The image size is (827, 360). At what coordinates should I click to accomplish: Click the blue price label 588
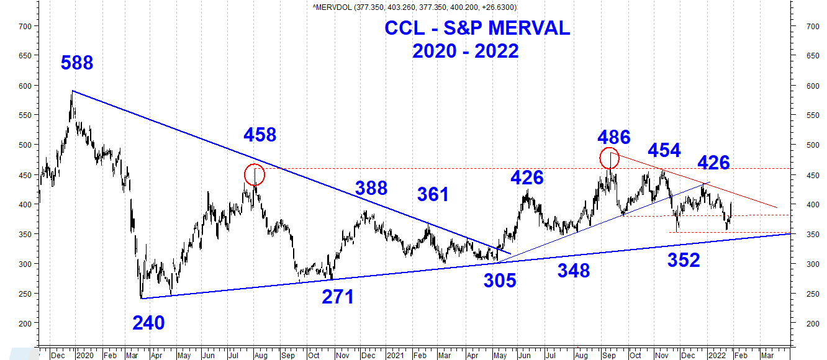[x=77, y=63]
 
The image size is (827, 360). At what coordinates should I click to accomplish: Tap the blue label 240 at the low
[x=148, y=323]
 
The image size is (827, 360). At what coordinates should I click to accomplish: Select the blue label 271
[x=338, y=297]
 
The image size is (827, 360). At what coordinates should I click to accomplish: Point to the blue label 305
[x=500, y=281]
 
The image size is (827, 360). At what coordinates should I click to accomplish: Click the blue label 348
[x=574, y=271]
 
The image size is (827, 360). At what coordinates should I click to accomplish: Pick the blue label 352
[x=684, y=260]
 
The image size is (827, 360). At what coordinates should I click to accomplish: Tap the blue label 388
[x=371, y=188]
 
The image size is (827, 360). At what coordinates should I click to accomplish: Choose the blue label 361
[x=433, y=194]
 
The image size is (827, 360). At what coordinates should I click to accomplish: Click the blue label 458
[x=260, y=134]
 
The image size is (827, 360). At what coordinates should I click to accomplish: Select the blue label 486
[x=614, y=137]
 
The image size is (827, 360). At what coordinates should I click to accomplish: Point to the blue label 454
[x=664, y=150]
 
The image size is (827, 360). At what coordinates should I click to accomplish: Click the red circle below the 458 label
[x=255, y=175]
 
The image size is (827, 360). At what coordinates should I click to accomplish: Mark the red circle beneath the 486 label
[x=610, y=158]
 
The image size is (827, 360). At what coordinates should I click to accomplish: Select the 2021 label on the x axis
[x=396, y=356]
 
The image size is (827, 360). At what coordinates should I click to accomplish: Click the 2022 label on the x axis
[x=718, y=356]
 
